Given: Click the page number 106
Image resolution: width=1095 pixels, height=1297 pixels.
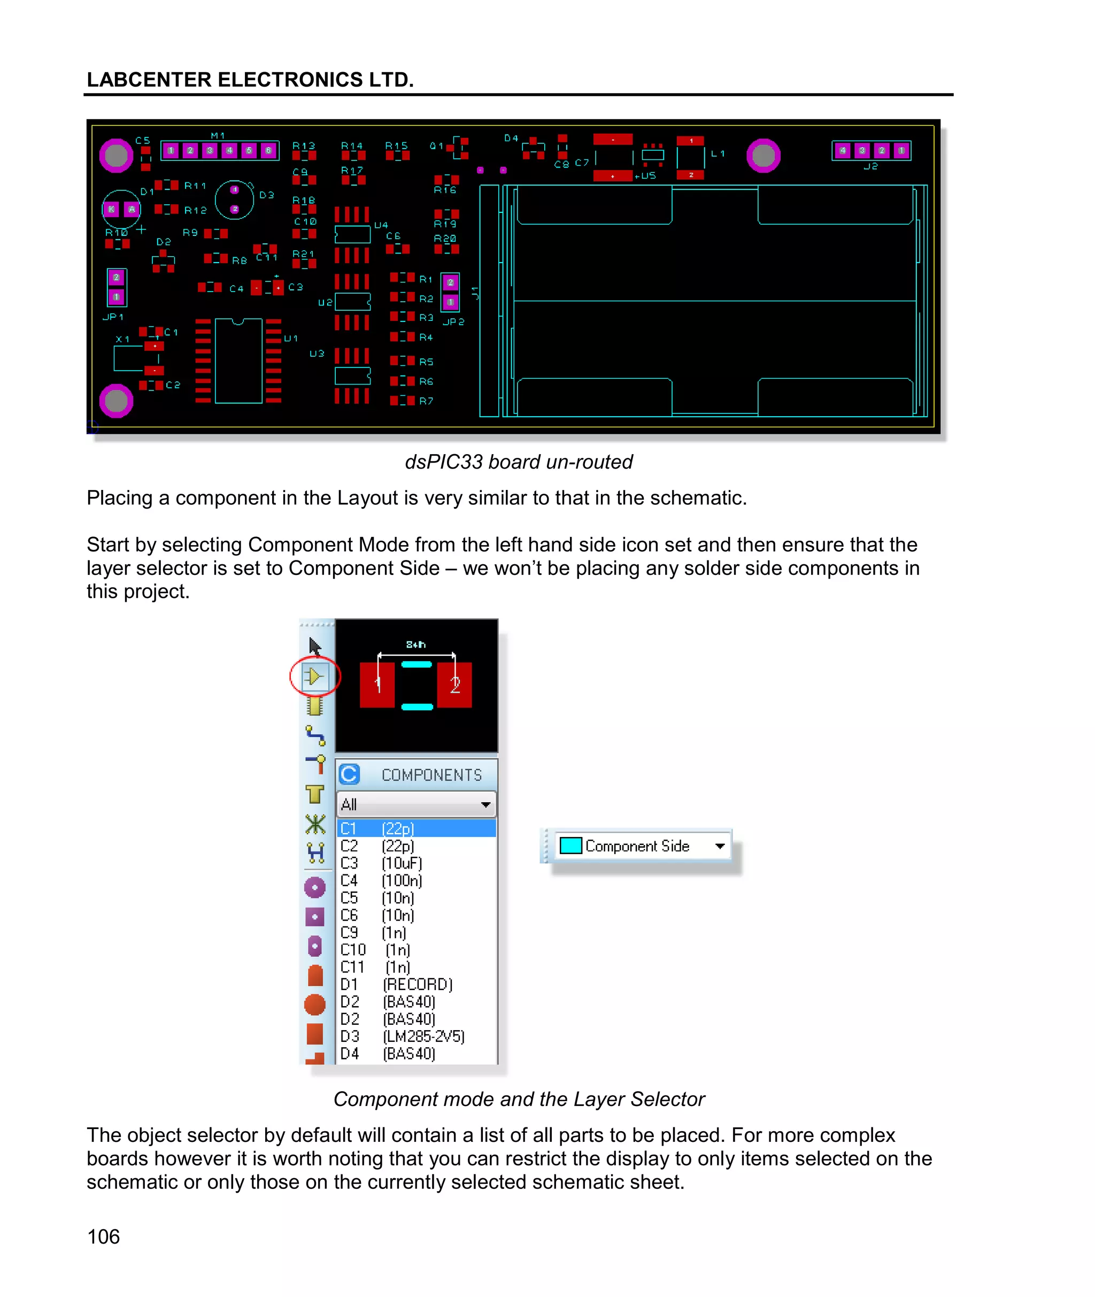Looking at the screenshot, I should point(103,1236).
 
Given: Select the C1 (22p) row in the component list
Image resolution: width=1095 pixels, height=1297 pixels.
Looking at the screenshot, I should point(416,828).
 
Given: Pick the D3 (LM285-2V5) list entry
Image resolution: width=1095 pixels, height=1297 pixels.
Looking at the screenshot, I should point(416,1036).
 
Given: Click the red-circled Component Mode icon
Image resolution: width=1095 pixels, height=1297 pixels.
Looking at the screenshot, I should point(315,676).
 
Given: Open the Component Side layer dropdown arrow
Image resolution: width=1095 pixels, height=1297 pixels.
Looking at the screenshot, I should point(720,846).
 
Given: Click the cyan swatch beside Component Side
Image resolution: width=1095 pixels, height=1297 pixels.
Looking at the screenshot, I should point(570,846).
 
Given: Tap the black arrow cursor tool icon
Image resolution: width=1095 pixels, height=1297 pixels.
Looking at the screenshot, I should point(315,646).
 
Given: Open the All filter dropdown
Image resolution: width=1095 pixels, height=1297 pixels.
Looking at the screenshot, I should point(485,804).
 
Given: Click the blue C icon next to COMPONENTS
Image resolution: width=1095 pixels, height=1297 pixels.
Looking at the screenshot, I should point(350,774).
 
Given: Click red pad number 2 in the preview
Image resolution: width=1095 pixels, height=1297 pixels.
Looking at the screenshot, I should point(454,685).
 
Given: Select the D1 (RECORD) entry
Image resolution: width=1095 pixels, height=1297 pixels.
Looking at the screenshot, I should point(416,984).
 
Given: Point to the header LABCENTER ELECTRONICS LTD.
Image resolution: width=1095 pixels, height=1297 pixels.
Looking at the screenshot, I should point(250,80).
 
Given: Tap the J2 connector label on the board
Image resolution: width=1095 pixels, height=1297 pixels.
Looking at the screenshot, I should point(870,166).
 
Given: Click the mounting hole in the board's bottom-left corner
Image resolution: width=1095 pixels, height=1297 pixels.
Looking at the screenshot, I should point(116,401).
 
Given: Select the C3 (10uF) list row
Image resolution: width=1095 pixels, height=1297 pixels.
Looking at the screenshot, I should point(416,863).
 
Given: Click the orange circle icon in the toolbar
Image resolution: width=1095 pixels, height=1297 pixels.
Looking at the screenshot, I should point(315,1004).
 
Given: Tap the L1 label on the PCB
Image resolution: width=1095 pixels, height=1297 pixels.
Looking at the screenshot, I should point(718,154).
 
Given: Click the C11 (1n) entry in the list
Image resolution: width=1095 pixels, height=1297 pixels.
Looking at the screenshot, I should point(416,966).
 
